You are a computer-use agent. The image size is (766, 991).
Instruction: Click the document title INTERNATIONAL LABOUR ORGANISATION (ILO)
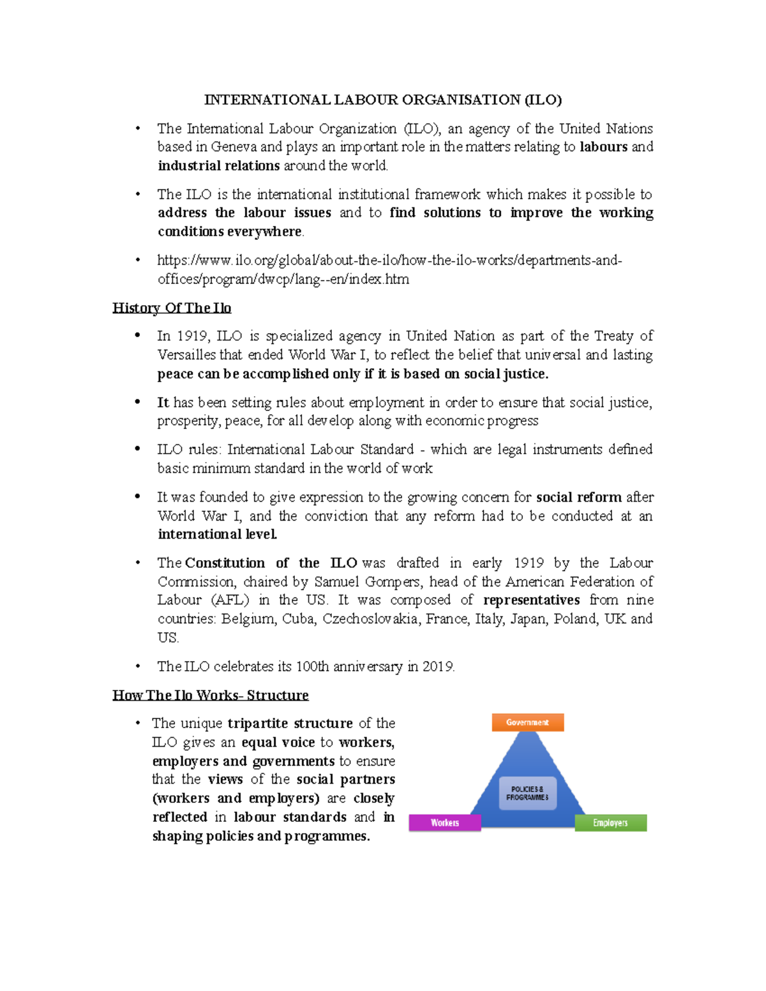[382, 100]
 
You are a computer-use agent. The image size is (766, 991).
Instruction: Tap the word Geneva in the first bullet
[234, 147]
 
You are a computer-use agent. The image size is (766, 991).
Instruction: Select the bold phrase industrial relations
[218, 166]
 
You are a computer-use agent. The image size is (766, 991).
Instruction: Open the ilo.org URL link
[389, 260]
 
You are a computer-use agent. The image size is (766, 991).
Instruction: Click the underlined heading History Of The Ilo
[172, 308]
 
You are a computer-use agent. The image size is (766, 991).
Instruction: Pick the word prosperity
[190, 421]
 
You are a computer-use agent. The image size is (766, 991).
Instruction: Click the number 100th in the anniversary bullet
[313, 667]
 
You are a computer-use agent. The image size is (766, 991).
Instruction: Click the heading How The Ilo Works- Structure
[211, 695]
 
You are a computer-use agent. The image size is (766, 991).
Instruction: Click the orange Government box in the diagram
[527, 722]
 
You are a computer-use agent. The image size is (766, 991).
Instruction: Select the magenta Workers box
[444, 823]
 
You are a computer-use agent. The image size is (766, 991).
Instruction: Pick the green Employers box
[610, 823]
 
